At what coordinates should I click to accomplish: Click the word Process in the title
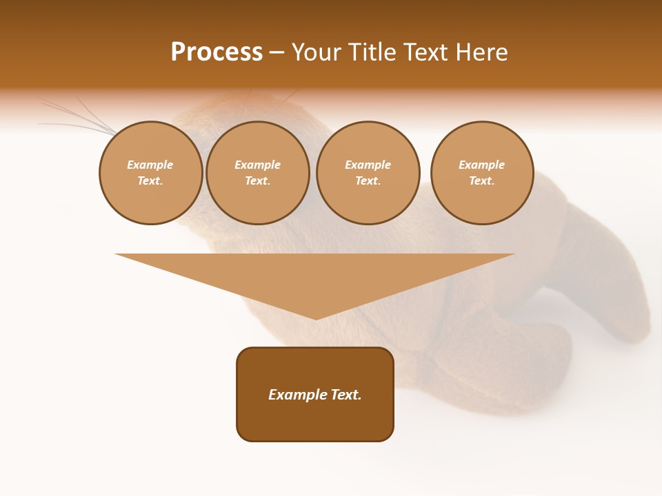(x=217, y=52)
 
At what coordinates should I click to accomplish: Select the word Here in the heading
(x=481, y=52)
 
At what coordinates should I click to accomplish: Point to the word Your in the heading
(x=318, y=52)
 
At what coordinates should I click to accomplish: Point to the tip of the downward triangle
(x=316, y=318)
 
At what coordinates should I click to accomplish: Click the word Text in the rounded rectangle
(x=345, y=395)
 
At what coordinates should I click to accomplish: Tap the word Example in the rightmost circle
(x=482, y=165)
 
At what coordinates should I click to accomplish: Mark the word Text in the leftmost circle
(x=150, y=181)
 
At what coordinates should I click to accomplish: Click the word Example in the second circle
(x=257, y=165)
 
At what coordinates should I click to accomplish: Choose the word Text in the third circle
(x=368, y=181)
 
